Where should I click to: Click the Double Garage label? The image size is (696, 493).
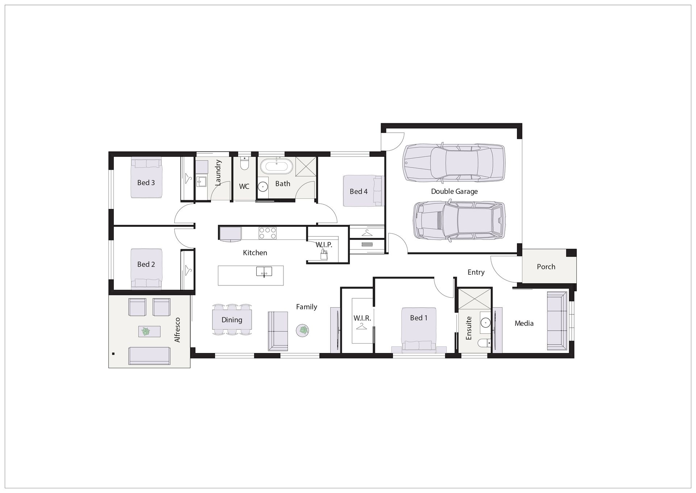tap(454, 191)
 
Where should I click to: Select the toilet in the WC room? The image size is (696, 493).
tap(244, 164)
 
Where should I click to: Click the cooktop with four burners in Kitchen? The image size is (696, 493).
tap(268, 233)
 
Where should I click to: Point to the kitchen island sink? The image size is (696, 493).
tap(264, 271)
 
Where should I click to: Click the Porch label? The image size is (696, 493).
tap(546, 267)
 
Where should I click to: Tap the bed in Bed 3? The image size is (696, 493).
tap(146, 177)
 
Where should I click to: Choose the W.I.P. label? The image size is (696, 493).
tap(324, 245)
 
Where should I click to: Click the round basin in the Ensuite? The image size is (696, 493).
tap(485, 322)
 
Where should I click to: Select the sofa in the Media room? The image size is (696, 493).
tap(557, 321)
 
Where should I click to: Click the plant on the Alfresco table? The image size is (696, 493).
tap(146, 331)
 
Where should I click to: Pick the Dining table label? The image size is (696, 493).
tap(232, 320)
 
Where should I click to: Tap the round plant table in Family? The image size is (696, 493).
tap(303, 330)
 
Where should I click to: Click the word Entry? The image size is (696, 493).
tap(476, 272)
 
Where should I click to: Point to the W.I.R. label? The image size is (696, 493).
tap(362, 318)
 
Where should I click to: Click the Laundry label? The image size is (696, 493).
tap(217, 173)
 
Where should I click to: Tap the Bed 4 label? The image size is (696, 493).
tap(359, 191)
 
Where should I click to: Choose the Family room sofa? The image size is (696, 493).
tap(278, 331)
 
